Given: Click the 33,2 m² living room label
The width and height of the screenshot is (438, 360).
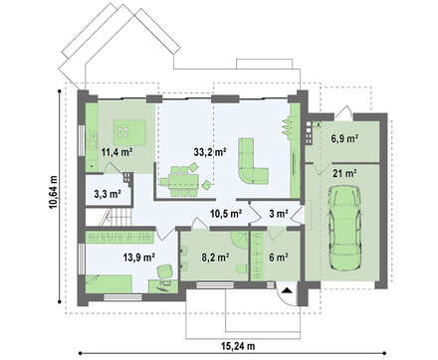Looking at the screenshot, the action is click(210, 152).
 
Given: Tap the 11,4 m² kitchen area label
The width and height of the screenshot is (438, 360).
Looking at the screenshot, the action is click(117, 152).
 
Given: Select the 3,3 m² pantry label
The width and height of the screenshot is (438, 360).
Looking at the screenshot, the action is click(108, 194).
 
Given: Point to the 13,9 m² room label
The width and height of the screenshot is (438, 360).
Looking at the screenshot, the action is click(139, 257).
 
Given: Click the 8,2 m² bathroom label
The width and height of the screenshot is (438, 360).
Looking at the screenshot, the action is click(216, 257).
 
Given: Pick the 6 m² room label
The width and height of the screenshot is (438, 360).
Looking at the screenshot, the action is click(278, 257).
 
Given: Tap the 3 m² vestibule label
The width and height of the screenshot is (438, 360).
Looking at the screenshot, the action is click(278, 214).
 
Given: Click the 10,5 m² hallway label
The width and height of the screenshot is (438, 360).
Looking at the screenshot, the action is click(226, 214).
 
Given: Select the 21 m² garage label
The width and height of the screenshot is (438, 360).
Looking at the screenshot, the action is click(345, 173).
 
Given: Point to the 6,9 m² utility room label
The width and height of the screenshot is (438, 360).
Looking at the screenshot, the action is click(344, 138).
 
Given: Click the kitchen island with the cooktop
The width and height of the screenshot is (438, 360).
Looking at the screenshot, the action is click(129, 132).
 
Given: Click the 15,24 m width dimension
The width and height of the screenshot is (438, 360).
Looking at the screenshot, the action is click(238, 346).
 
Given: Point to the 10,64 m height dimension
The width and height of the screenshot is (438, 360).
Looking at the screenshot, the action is click(54, 192).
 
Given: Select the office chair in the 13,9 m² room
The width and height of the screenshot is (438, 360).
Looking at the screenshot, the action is click(165, 271).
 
